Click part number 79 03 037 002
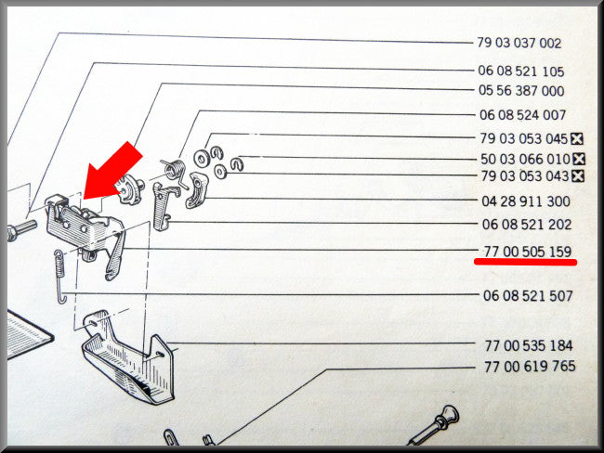coord(519,43)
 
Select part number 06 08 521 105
coord(520,71)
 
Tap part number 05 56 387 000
coord(521,91)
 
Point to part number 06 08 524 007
coord(523,115)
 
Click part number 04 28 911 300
coord(526,201)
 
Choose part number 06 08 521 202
coord(527,224)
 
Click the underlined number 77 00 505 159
coord(528,252)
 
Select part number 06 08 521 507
coord(528,295)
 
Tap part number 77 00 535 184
coord(529,345)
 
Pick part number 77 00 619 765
coord(530,366)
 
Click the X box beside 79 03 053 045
coord(577,138)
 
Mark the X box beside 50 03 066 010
coord(579,159)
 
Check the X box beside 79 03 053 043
coord(577,176)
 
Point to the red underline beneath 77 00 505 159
coord(525,262)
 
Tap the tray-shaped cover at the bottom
coord(128,357)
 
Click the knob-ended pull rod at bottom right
coord(434,425)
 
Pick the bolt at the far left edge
coord(21,228)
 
